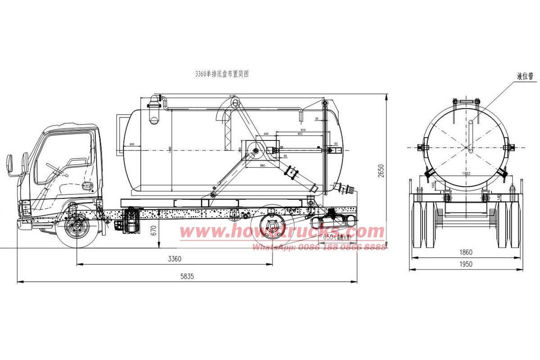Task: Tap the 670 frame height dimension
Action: point(153,232)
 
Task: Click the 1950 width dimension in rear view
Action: point(466,264)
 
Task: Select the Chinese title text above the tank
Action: point(221,74)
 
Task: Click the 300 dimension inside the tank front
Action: point(132,144)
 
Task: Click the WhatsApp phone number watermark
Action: point(319,247)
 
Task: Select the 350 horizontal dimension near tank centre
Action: point(266,134)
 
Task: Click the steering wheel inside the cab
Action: point(54,169)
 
